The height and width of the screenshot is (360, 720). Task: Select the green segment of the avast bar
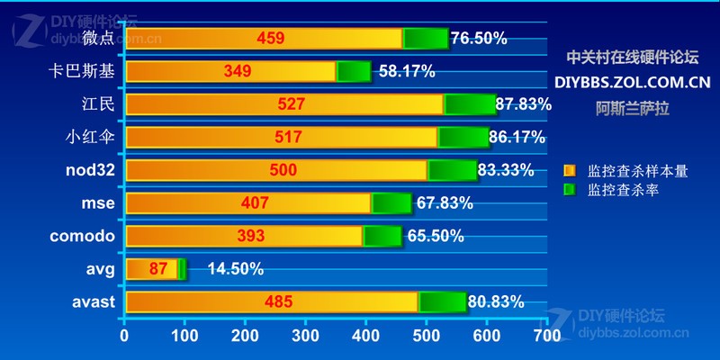[x=442, y=302]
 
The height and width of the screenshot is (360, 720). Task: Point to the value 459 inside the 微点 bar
[x=271, y=39]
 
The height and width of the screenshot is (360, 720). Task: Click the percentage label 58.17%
[x=407, y=71]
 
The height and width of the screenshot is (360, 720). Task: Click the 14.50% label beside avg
[x=235, y=268]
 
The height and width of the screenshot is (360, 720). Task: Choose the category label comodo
[x=83, y=236]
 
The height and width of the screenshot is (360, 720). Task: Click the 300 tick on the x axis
[x=304, y=336]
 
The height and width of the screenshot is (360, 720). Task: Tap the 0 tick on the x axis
[x=124, y=336]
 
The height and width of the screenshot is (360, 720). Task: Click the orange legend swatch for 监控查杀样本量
[x=569, y=170]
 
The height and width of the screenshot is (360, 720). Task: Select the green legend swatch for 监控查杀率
[x=569, y=190]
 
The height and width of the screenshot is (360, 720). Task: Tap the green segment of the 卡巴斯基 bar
[x=354, y=71]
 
